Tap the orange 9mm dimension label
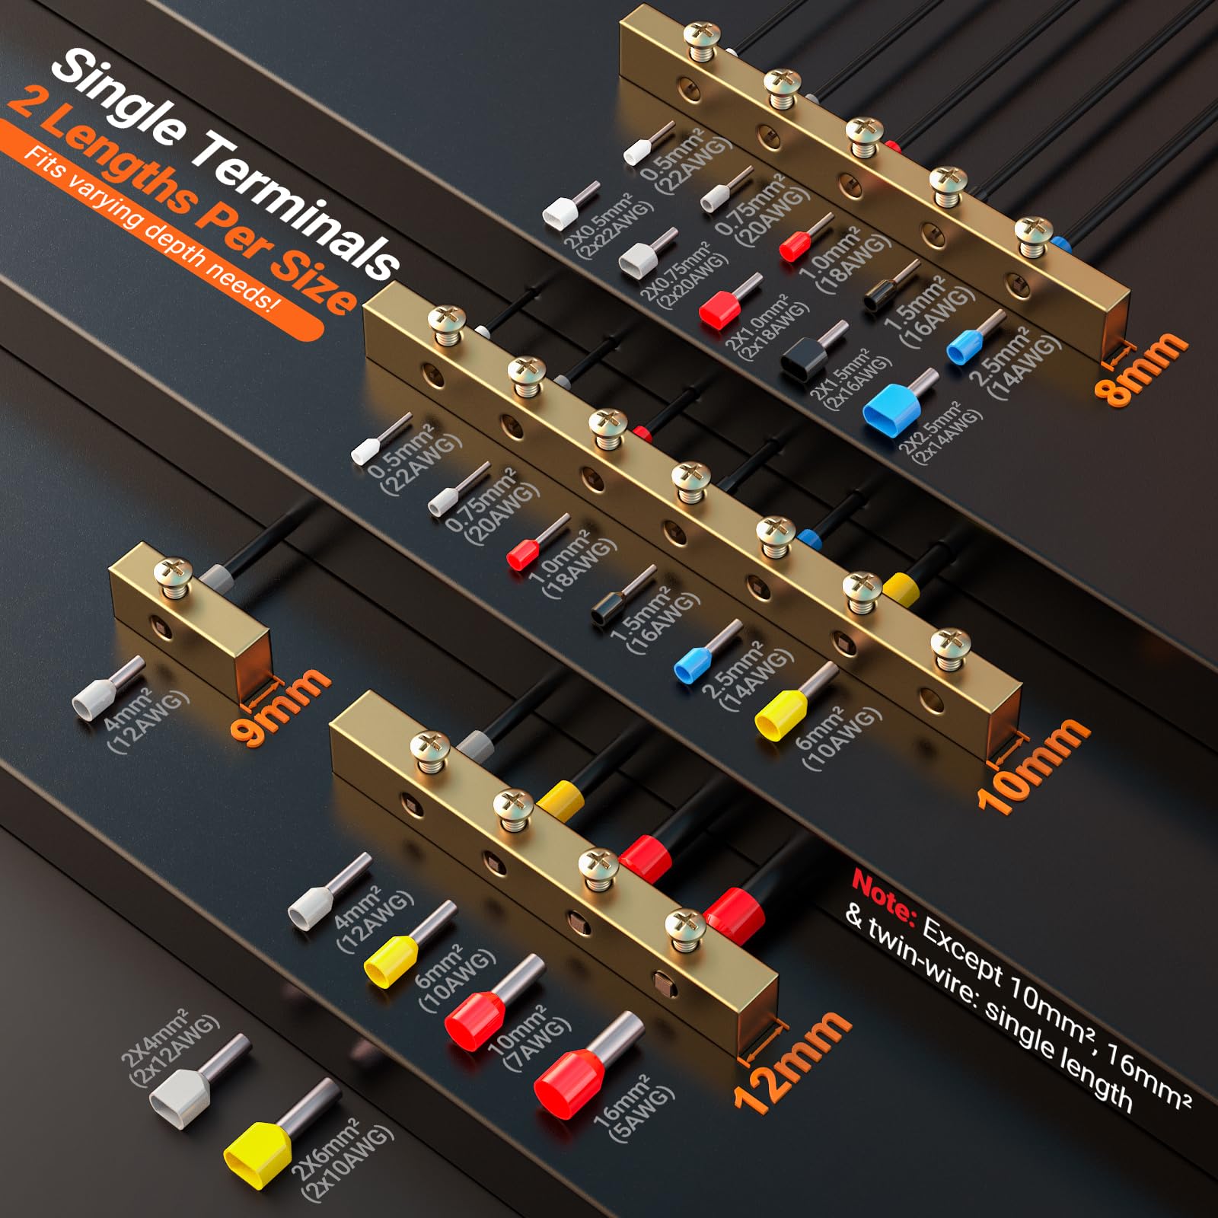(x=279, y=705)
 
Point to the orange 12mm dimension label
(x=792, y=1061)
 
